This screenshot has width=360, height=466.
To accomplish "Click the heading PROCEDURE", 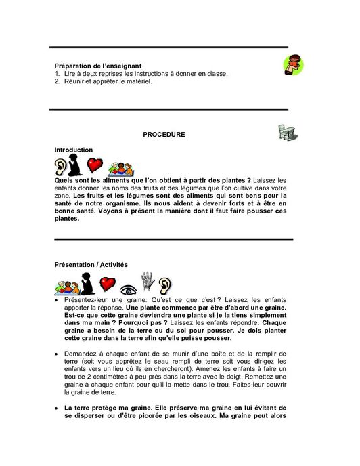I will point(164,135).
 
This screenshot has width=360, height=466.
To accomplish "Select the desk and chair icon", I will point(287,132).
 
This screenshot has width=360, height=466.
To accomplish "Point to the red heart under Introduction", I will point(95,165).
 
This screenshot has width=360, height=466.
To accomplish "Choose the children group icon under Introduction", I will point(120,168).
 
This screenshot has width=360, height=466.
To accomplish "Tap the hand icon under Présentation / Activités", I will point(147,280).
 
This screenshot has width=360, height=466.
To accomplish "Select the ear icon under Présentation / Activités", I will point(165,283).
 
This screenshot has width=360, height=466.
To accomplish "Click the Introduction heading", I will point(74,150).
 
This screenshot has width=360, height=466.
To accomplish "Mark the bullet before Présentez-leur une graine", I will point(57,299).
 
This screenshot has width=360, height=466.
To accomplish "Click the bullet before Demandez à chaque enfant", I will point(57,354).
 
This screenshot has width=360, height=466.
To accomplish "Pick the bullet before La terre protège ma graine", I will point(57,409).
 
